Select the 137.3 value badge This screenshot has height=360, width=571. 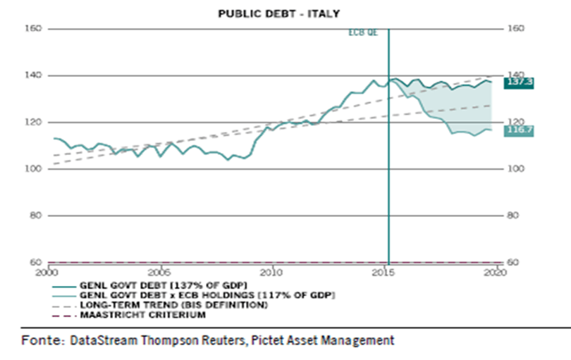pyautogui.click(x=517, y=82)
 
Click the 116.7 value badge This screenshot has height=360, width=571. pyautogui.click(x=517, y=130)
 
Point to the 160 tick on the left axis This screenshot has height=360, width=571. pyautogui.click(x=36, y=29)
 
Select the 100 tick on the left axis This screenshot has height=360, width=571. pyautogui.click(x=36, y=169)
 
